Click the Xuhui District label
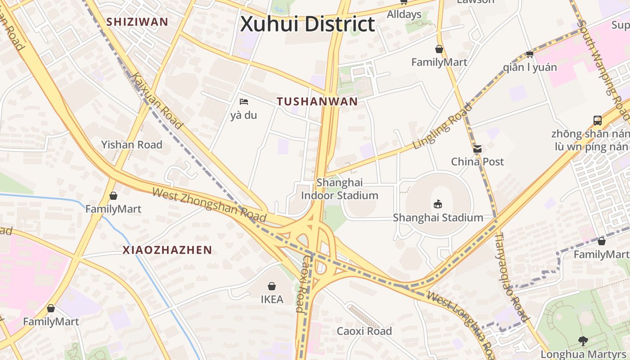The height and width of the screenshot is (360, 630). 307,24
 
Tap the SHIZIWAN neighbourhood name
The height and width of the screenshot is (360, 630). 137,22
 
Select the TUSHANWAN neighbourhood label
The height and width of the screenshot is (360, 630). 317,101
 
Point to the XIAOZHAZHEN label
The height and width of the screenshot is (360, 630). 167,250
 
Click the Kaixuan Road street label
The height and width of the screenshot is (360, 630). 158,101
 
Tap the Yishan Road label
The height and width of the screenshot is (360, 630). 131,145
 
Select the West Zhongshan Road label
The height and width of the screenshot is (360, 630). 209,205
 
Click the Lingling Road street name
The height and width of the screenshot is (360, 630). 443,126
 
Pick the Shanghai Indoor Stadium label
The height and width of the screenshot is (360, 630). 339,189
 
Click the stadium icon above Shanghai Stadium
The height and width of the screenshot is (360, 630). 437,204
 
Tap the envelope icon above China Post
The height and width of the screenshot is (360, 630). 477,148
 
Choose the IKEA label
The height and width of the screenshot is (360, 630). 272,299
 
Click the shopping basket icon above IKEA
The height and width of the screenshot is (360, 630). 272,286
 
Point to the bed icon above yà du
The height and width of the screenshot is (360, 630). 244,102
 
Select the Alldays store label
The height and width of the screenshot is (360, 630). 404,14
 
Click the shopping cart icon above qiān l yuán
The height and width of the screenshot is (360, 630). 530,54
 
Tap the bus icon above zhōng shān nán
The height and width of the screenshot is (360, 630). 598,120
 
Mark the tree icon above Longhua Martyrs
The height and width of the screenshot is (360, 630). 584,341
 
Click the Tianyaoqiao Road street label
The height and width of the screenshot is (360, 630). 512,276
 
